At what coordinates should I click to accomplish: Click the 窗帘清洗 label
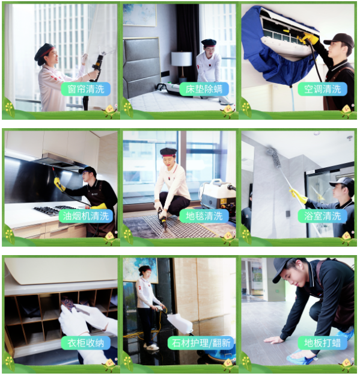coord(86,89)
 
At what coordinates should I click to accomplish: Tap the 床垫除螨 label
coord(204,89)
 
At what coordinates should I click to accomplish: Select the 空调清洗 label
coord(322,89)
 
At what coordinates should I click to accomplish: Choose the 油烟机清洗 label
coord(86,216)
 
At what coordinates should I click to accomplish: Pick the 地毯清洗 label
coord(204,216)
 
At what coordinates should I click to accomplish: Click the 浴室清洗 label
coord(322,216)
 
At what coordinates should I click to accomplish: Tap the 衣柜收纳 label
coord(86,343)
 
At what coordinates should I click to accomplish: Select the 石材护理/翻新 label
coord(201,343)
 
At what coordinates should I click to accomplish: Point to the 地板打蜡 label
coord(322,343)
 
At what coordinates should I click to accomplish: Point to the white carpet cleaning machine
coord(218,194)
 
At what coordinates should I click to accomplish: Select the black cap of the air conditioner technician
coord(340,40)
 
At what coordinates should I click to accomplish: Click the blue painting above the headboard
coord(139,15)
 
